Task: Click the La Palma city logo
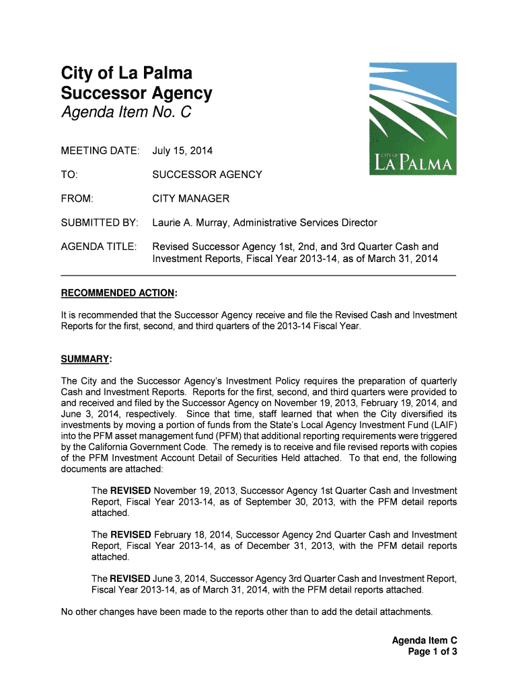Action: point(412,119)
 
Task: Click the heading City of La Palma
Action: point(126,73)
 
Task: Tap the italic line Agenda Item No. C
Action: point(126,112)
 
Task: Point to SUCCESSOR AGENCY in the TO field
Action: point(207,175)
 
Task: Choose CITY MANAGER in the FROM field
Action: point(191,199)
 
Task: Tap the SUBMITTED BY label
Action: point(100,222)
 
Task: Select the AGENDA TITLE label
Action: point(99,247)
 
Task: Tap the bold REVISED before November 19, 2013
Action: point(131,491)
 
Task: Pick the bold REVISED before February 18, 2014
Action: point(131,535)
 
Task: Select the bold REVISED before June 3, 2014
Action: point(131,578)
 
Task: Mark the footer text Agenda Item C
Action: point(424,640)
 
